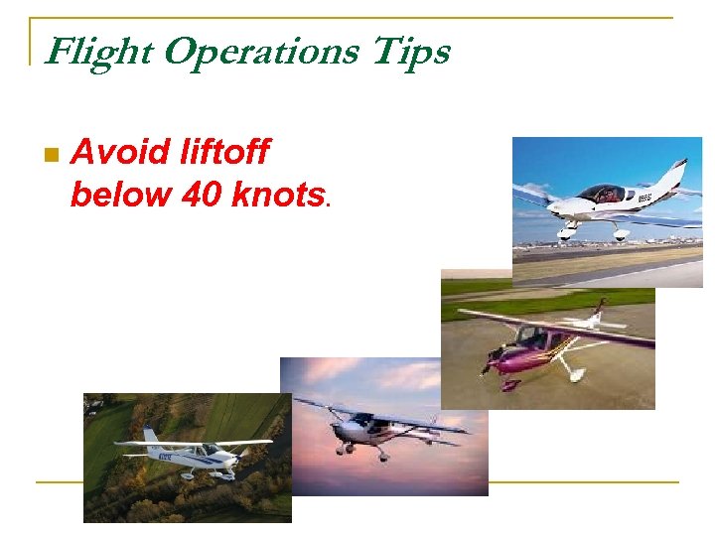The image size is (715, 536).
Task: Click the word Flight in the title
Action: point(95,51)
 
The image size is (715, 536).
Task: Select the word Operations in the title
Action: point(257,51)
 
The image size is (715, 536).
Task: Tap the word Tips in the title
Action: point(410,51)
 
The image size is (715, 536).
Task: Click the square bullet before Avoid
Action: point(52,155)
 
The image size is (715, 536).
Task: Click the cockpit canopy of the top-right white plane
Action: point(603,193)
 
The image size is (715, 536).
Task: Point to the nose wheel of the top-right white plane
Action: point(566,235)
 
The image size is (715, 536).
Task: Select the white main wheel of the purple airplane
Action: point(573,374)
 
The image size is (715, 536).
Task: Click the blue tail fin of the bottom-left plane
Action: point(150,437)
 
